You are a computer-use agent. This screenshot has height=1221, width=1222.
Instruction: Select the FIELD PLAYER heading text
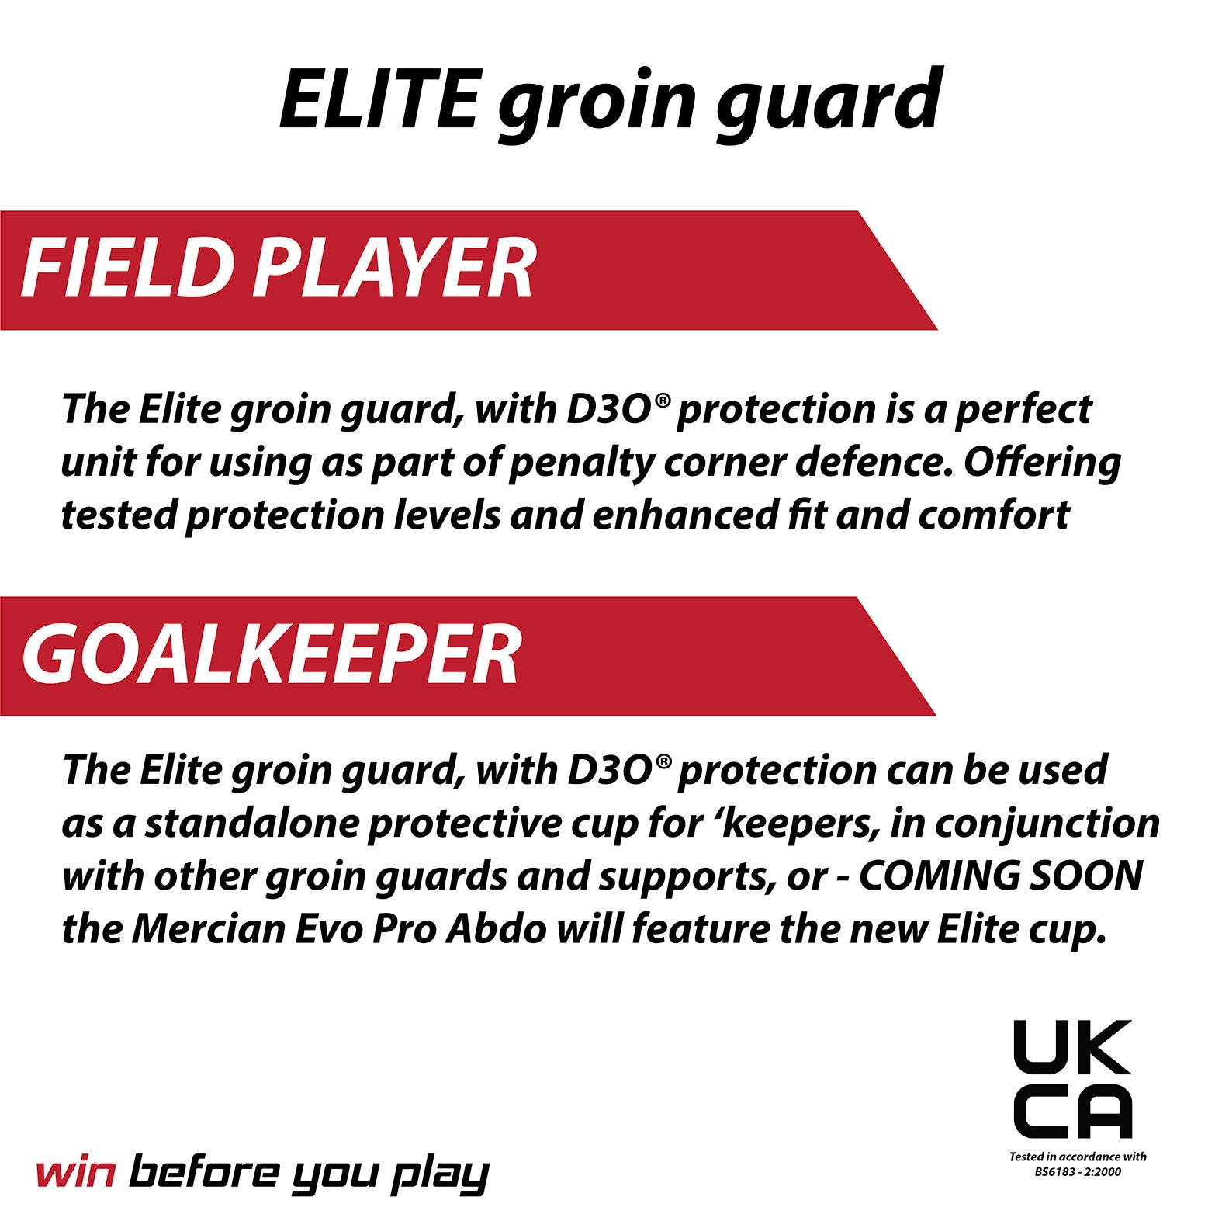point(278,269)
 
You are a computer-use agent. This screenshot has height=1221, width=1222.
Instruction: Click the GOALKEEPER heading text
point(272,655)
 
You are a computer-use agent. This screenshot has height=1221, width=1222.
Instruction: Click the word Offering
point(1042,463)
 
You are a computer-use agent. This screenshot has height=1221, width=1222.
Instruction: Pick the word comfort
point(994,515)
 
